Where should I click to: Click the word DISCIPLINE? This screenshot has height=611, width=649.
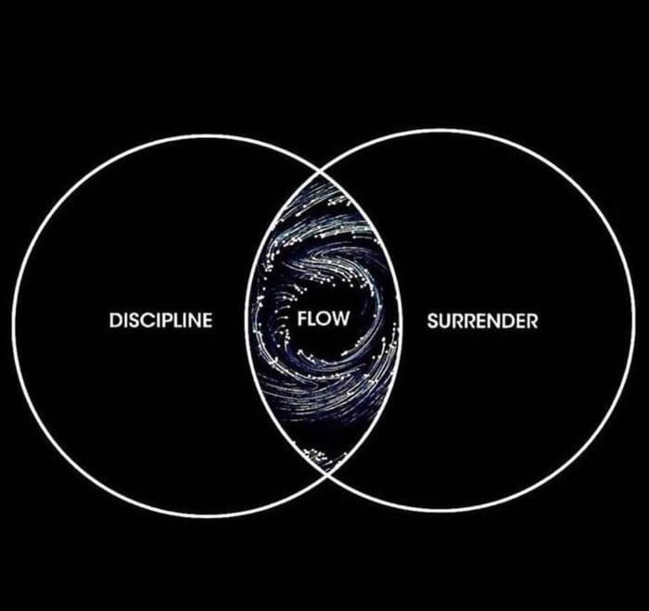click(161, 321)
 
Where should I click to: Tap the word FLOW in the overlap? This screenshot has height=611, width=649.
click(324, 319)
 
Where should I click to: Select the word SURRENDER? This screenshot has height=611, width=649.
click(483, 321)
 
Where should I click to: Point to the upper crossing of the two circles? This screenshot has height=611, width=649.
click(320, 171)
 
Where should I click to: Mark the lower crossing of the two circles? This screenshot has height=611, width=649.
click(328, 475)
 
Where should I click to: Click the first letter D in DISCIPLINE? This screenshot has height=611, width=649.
click(116, 321)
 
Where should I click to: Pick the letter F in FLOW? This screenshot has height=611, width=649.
click(302, 319)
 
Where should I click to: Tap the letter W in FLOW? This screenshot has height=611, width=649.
click(340, 319)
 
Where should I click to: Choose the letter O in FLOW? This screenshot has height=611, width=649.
click(323, 319)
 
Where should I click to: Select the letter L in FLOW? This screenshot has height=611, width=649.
click(311, 319)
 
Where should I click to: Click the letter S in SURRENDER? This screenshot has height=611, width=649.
click(433, 321)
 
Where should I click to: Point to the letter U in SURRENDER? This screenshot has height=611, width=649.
click(445, 322)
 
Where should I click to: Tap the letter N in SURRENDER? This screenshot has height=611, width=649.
click(498, 321)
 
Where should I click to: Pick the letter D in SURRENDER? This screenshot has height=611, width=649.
click(512, 321)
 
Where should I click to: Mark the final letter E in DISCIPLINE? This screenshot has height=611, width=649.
click(209, 321)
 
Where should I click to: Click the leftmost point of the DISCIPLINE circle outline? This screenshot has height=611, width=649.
click(14, 325)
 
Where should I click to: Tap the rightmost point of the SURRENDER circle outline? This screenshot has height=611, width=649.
click(633, 321)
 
